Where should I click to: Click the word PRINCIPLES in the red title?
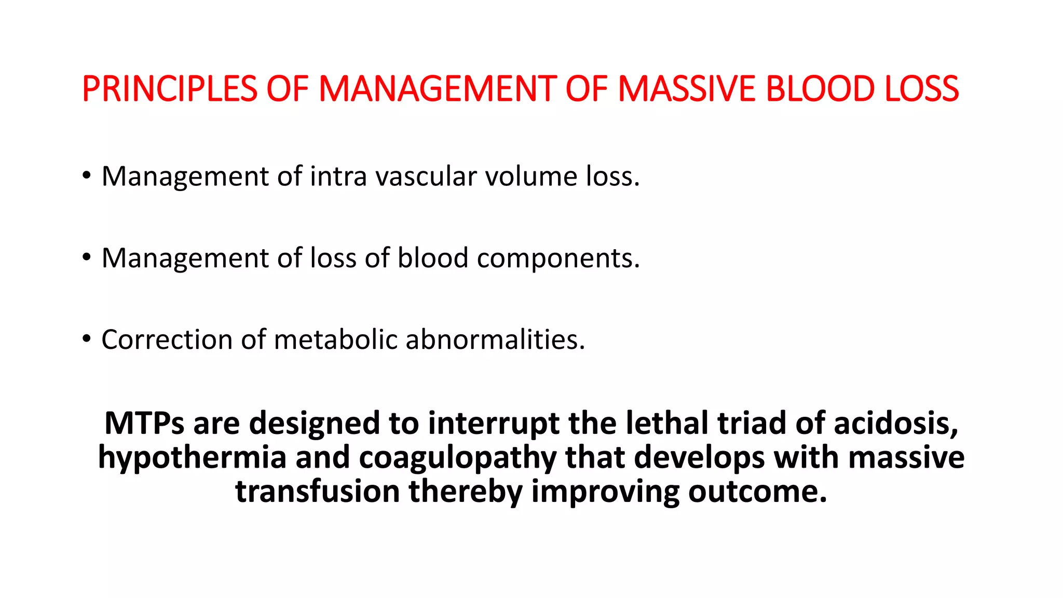pyautogui.click(x=169, y=88)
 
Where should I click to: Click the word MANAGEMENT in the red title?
pyautogui.click(x=437, y=88)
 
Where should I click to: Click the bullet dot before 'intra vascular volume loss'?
pyautogui.click(x=86, y=175)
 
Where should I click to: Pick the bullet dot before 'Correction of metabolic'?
pyautogui.click(x=86, y=339)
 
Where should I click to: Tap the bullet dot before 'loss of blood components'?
pyautogui.click(x=86, y=257)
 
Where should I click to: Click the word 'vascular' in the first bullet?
pyautogui.click(x=426, y=176)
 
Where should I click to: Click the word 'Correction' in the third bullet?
pyautogui.click(x=167, y=339)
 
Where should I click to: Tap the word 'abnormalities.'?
pyautogui.click(x=495, y=339)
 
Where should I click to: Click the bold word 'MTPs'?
pyautogui.click(x=144, y=423)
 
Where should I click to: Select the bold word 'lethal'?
pyautogui.click(x=667, y=423)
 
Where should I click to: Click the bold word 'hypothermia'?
pyautogui.click(x=192, y=458)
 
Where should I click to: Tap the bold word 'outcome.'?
pyautogui.click(x=757, y=491)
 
